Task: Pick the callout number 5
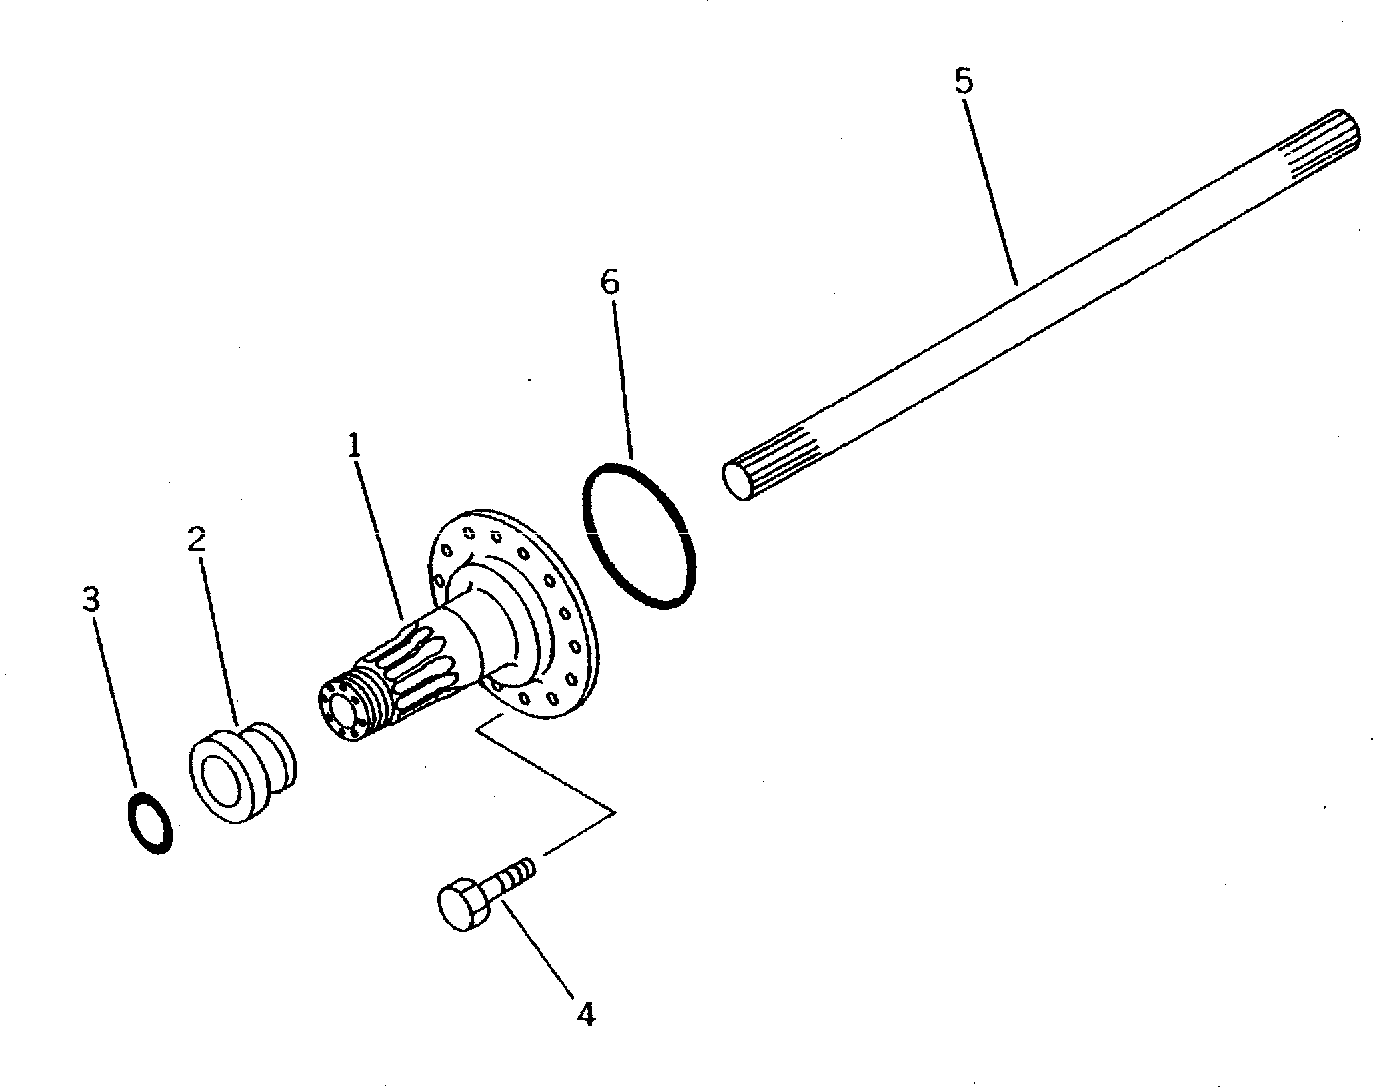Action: [963, 82]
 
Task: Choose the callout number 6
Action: [609, 283]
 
